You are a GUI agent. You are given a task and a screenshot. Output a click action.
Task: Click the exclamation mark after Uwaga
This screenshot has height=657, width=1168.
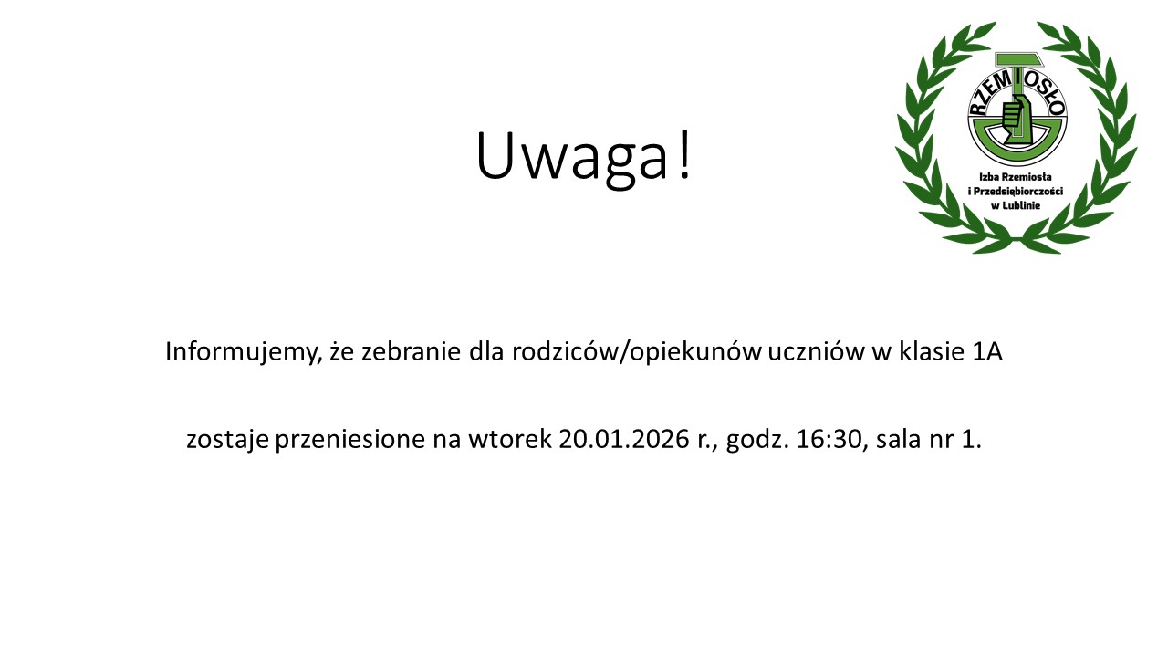[x=684, y=154]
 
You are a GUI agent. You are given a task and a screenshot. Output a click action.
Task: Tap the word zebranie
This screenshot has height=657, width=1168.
[x=412, y=351]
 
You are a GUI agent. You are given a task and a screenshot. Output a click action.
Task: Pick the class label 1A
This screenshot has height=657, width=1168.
[x=987, y=352]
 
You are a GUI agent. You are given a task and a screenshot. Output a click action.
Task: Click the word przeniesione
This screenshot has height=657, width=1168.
[x=350, y=440]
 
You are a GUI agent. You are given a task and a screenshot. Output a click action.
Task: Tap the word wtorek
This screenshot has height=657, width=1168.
[x=509, y=439]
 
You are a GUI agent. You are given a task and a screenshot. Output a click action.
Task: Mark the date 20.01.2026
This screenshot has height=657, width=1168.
[x=623, y=439]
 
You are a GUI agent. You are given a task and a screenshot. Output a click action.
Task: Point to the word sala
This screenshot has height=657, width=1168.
[x=899, y=439]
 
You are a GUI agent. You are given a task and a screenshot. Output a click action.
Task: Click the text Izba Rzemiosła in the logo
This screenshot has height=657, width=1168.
[x=1016, y=177]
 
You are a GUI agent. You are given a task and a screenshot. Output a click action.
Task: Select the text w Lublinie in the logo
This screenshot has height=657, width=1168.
[x=1016, y=205]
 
